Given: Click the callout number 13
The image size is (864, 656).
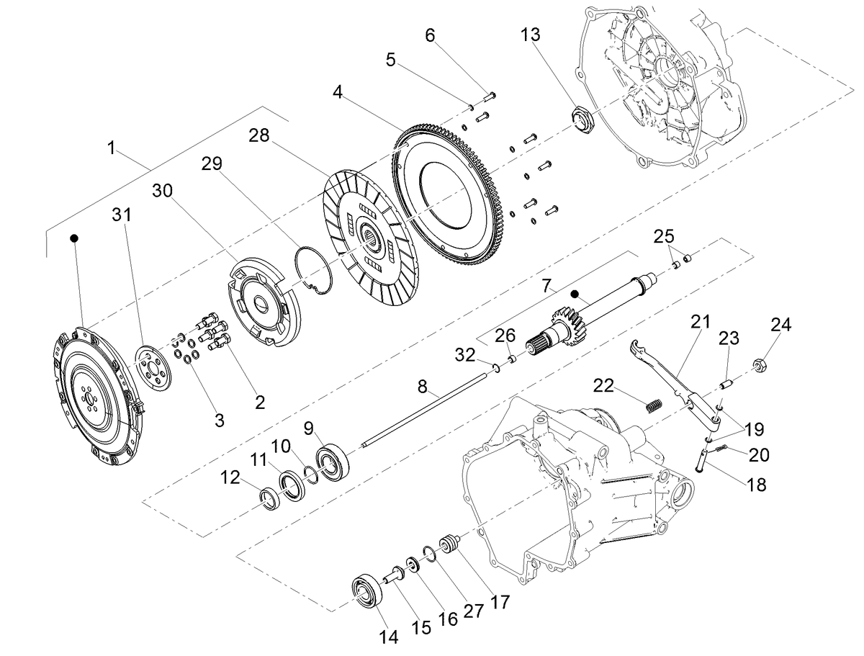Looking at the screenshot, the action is [x=531, y=35].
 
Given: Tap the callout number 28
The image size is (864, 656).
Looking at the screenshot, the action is [x=259, y=135].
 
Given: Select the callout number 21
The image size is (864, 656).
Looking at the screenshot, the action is [x=701, y=321].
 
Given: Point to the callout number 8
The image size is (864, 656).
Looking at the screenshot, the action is [x=422, y=387].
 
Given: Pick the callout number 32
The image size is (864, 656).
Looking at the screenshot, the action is [x=465, y=355].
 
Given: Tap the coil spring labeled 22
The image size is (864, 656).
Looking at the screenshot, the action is [x=655, y=405].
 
